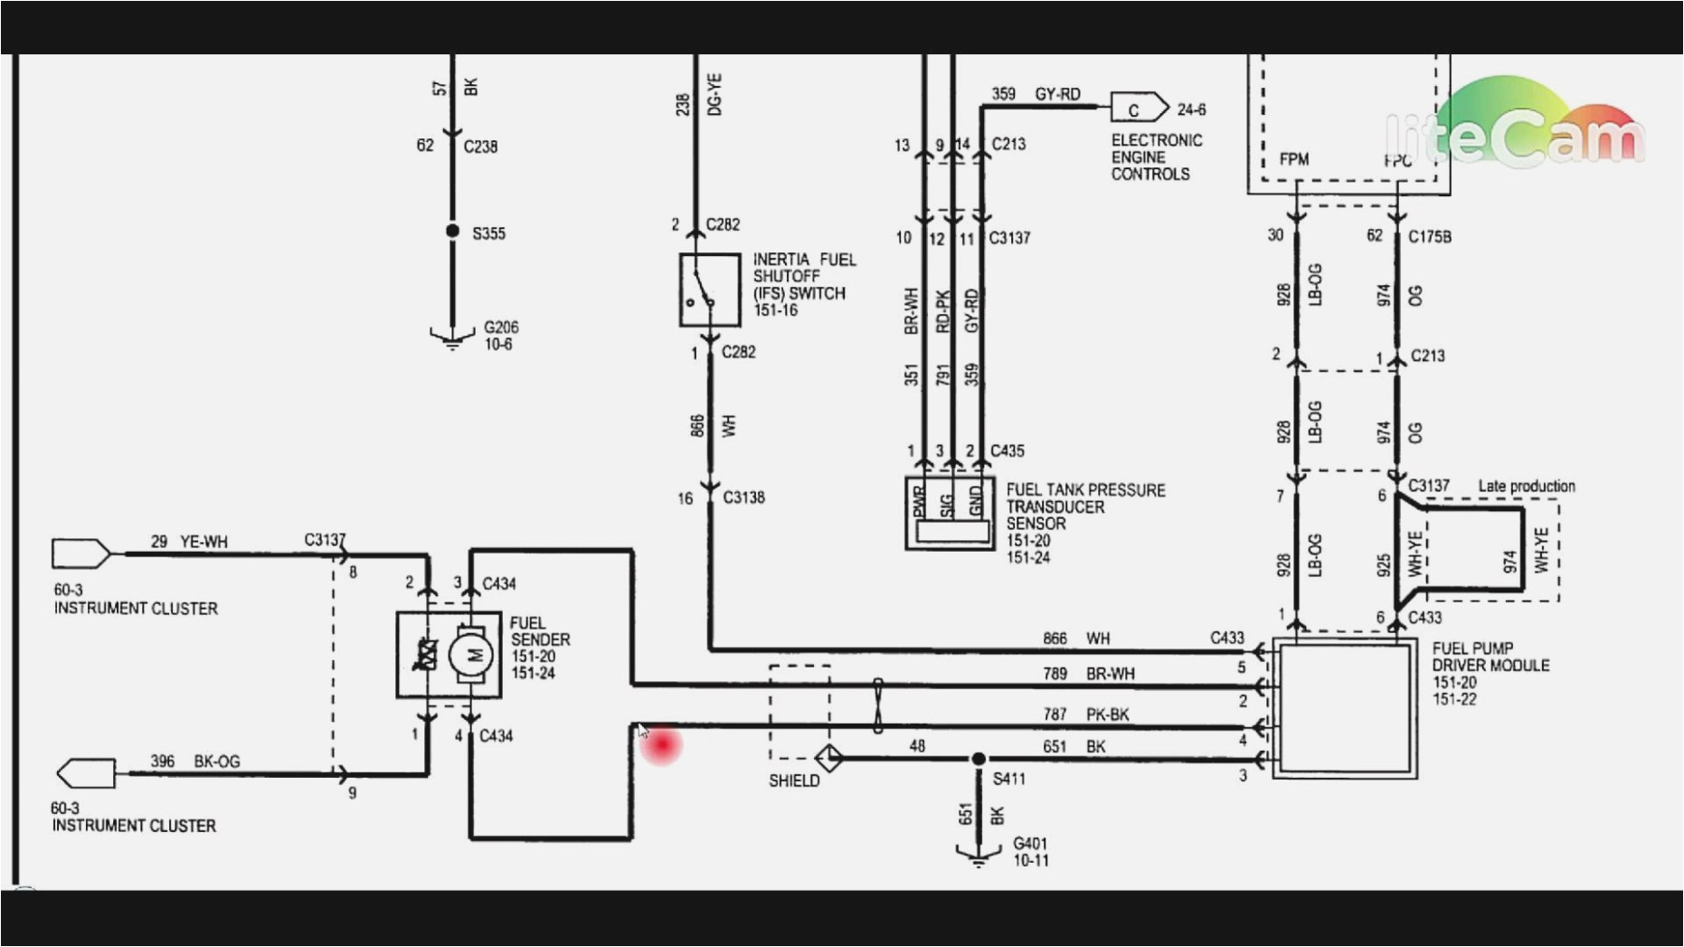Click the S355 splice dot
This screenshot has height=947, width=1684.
(x=452, y=232)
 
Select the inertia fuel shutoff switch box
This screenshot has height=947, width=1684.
(x=710, y=289)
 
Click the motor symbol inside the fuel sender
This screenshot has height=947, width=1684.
(x=470, y=654)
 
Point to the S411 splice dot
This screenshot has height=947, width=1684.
(x=978, y=759)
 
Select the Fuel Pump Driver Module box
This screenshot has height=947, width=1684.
(x=1344, y=708)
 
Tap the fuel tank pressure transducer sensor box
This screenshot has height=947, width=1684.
(x=950, y=514)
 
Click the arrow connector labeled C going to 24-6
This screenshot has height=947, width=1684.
(x=1137, y=109)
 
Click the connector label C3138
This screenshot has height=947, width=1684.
(x=743, y=497)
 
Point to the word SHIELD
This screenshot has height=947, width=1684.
(x=794, y=781)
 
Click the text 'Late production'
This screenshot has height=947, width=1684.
(x=1526, y=487)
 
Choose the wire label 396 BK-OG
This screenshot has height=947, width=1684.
(x=194, y=762)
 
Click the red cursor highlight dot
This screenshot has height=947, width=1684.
(x=662, y=745)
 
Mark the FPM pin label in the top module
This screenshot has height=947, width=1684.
(x=1293, y=159)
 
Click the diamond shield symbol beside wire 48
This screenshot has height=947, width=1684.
(x=829, y=757)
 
